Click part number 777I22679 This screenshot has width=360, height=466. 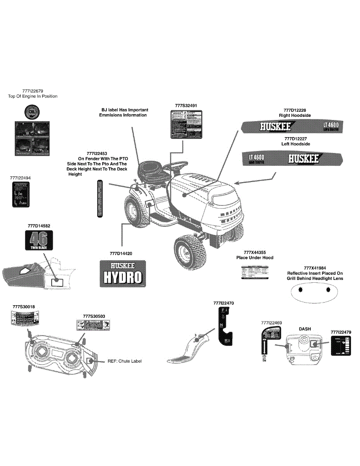(x=33, y=91)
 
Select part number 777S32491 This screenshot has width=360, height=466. (x=186, y=105)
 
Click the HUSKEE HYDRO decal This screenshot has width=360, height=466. (x=123, y=273)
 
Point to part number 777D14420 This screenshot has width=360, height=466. (x=121, y=253)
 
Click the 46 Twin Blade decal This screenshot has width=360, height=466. (x=39, y=240)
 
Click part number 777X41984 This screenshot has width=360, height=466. (x=315, y=268)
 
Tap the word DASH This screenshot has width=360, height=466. (x=305, y=329)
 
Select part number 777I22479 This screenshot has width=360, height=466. (x=341, y=332)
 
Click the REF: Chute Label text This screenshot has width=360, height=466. (x=125, y=361)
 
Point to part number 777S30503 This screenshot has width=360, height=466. (x=94, y=316)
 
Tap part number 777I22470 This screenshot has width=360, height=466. (x=224, y=303)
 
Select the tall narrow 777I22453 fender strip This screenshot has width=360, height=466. (x=99, y=198)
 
